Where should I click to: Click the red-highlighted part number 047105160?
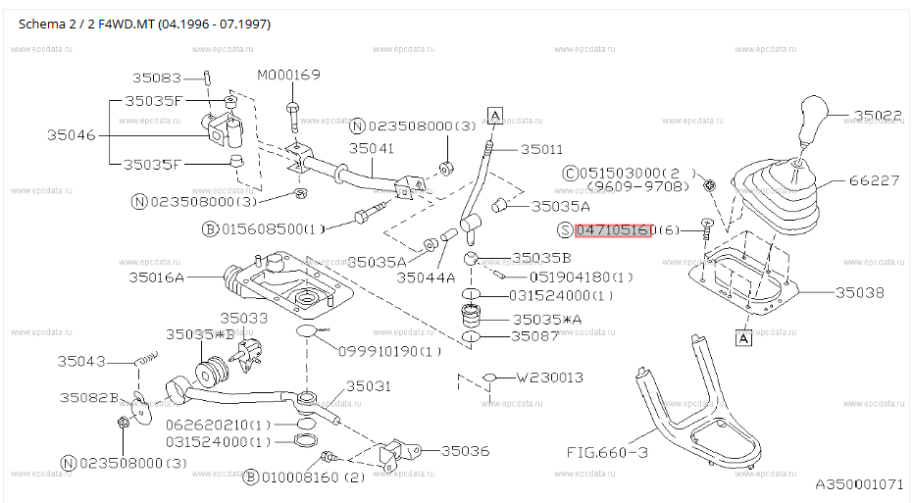(613, 230)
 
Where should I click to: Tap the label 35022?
(878, 116)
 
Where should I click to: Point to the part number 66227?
(874, 180)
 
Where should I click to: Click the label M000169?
(288, 75)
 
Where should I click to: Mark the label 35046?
(71, 135)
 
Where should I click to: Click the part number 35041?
(372, 148)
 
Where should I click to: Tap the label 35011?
(541, 150)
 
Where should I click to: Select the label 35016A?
(156, 277)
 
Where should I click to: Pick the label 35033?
(244, 318)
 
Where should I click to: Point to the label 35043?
(81, 362)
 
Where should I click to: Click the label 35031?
(369, 386)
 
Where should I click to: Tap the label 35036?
(465, 451)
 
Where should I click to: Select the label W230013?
(549, 377)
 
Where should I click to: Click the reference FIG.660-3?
(607, 452)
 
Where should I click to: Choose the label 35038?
(859, 292)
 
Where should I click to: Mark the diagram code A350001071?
(859, 484)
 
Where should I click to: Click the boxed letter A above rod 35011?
(495, 116)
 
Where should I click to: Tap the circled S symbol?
(565, 230)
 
